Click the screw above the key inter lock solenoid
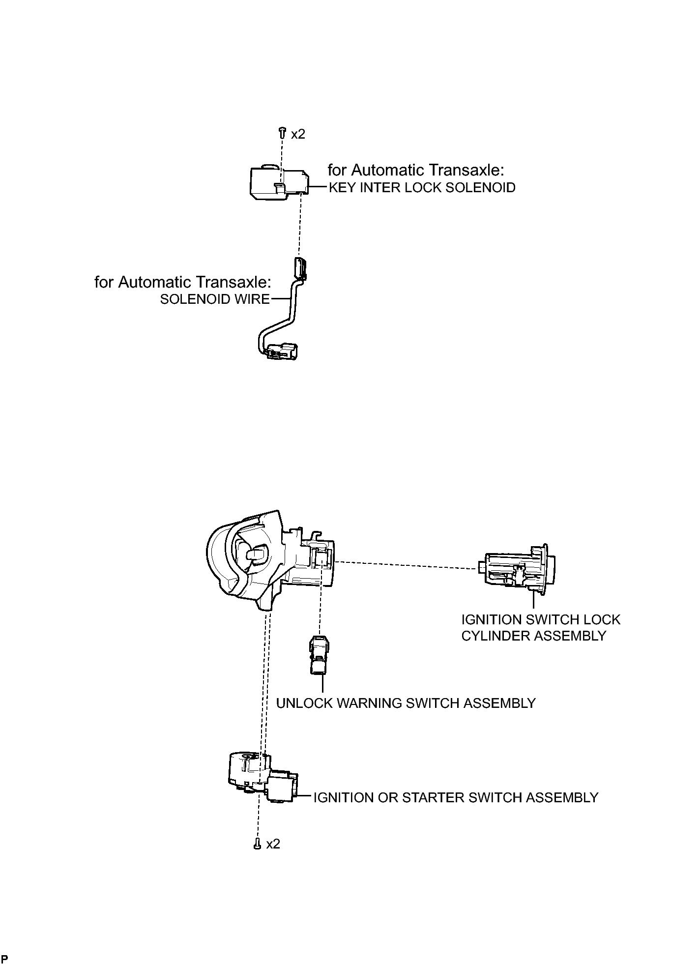[282, 132]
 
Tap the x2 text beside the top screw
[298, 134]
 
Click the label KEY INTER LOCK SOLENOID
[422, 187]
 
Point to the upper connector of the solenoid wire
[301, 267]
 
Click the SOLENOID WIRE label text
[215, 299]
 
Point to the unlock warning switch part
[318, 655]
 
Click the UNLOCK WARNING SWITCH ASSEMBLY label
[406, 703]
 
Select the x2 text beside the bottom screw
[273, 844]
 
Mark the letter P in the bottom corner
[4, 959]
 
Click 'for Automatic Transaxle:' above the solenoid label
[416, 170]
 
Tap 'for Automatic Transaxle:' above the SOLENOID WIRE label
[182, 282]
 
